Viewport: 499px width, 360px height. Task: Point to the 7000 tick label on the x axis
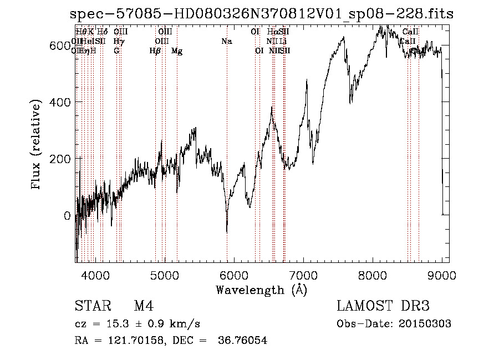point(303,275)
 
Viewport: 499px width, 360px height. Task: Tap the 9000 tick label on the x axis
point(442,275)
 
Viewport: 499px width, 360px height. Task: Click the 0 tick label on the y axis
point(67,216)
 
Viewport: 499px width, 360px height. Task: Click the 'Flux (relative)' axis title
point(37,145)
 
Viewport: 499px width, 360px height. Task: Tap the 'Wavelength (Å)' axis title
point(261,290)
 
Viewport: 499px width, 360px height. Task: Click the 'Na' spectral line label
point(226,41)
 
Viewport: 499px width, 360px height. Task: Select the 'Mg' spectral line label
point(177,51)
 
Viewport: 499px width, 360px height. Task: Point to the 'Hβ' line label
point(155,51)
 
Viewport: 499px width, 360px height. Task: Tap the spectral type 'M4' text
point(144,306)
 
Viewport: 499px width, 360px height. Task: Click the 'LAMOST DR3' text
point(383,306)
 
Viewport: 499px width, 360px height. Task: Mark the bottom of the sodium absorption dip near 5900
point(227,232)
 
